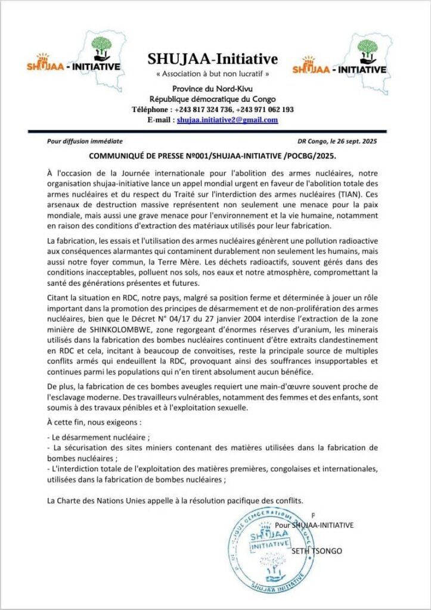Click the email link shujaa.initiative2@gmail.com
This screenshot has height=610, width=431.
coord(227,120)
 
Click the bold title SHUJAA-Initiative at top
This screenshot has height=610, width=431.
coord(213,59)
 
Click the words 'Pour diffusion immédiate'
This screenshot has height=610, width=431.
coord(85,141)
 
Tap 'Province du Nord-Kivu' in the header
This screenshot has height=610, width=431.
coord(212,89)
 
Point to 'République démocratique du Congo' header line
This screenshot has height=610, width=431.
coord(212,99)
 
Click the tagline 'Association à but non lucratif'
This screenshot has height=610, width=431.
coord(212,74)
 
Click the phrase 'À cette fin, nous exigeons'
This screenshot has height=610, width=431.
coord(95,422)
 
